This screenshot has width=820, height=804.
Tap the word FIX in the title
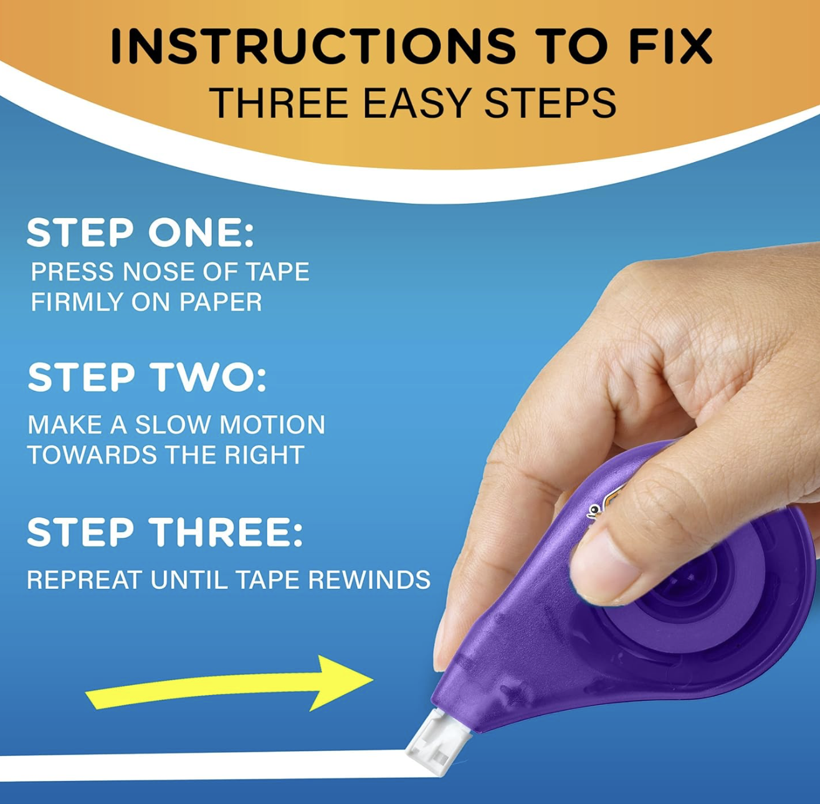pyautogui.click(x=670, y=46)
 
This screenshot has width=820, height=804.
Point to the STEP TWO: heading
pyautogui.click(x=147, y=377)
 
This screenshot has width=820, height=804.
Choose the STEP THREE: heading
pyautogui.click(x=164, y=532)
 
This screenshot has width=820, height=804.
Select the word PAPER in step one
pyautogui.click(x=220, y=302)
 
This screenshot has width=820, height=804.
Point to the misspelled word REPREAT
pyautogui.click(x=83, y=580)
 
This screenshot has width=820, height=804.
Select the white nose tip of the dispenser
pyautogui.click(x=438, y=740)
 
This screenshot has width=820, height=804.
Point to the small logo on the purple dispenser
pyautogui.click(x=601, y=506)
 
